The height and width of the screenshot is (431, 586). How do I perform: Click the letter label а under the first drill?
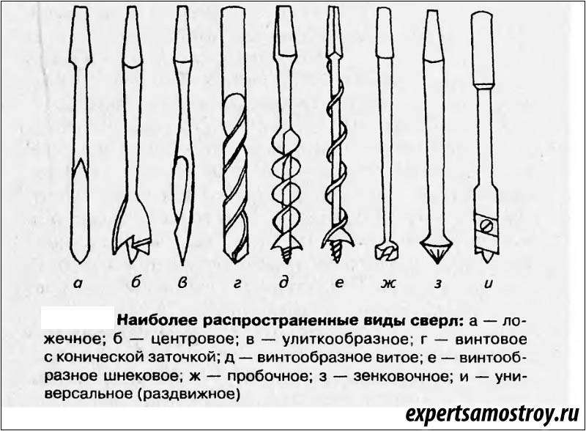point(79,284)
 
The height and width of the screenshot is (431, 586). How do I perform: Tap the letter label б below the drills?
point(136,281)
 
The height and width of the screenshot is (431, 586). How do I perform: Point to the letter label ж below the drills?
point(389,284)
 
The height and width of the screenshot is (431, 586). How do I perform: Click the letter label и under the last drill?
point(489,284)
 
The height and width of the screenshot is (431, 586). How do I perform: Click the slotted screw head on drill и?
point(487,226)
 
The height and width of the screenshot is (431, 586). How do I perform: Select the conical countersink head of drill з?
point(437,251)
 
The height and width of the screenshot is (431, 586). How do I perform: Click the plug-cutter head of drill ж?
point(388,252)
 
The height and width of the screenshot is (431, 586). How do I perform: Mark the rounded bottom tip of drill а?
point(81,261)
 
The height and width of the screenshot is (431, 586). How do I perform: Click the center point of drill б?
point(134,252)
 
